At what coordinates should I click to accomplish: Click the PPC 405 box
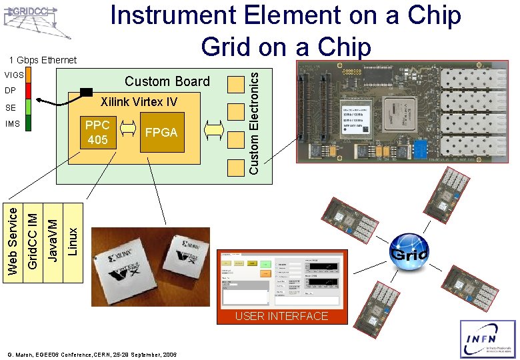click(97, 132)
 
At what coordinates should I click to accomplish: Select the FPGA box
click(161, 132)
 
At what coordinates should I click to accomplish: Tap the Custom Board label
click(167, 81)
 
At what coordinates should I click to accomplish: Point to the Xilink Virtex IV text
click(139, 102)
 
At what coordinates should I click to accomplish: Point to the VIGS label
click(14, 75)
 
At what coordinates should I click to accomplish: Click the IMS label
click(13, 124)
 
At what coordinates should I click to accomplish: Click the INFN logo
click(488, 339)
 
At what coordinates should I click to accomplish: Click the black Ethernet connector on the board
click(85, 92)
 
